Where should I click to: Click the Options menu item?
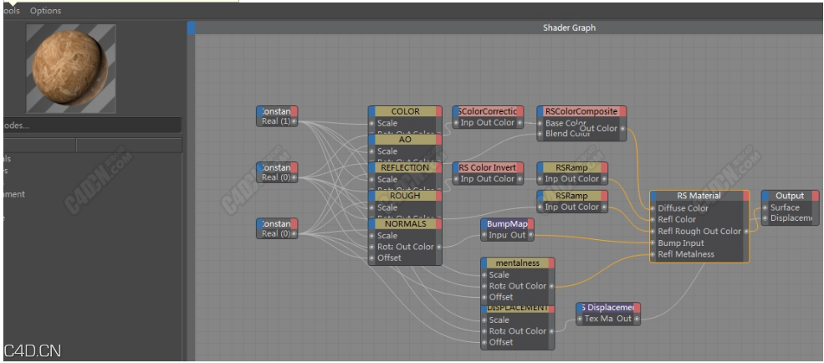coord(46,11)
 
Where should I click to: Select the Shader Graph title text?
coord(569,28)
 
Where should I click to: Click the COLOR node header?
coord(405,111)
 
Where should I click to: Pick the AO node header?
coord(405,140)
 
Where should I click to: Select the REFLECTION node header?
coord(405,167)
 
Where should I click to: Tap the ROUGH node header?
coord(405,196)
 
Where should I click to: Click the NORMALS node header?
coord(405,223)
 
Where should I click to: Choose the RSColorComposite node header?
coord(581,111)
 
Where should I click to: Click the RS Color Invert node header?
coord(489,167)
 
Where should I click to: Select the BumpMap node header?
coord(507,223)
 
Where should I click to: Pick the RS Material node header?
coord(699,196)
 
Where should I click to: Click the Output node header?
coord(789,196)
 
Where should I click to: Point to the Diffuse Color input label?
coord(683,208)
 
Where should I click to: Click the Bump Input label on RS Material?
coord(680,243)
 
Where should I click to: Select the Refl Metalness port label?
coord(685,254)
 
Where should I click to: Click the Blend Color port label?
coord(567,134)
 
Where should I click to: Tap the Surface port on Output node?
coord(785,207)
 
